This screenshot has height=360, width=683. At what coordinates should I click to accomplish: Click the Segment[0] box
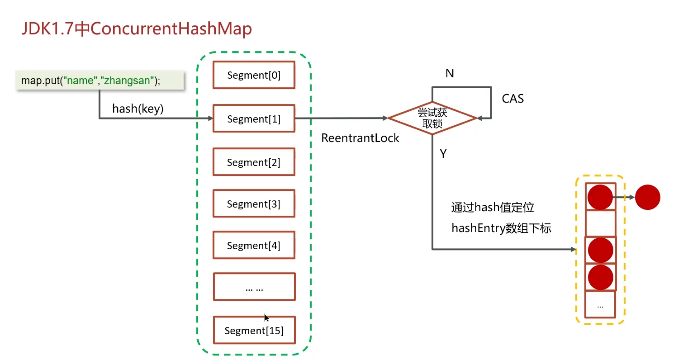point(254,75)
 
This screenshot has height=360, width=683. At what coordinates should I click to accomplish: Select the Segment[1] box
point(254,119)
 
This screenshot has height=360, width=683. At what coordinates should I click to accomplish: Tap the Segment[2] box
point(254,162)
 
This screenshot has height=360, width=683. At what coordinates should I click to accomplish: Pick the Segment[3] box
point(254,204)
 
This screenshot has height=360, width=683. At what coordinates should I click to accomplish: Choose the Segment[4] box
point(254,245)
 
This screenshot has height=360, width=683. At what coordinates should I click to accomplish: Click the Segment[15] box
point(254,330)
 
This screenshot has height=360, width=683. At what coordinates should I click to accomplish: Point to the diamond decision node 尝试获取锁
point(432,118)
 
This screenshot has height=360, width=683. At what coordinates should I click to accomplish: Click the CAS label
point(513,99)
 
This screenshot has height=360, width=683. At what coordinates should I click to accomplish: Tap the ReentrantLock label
point(360,138)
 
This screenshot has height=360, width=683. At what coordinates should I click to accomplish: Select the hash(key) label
point(138,109)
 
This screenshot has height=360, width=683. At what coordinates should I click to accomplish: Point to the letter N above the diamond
point(450,73)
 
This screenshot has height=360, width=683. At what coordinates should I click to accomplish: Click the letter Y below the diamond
point(443,154)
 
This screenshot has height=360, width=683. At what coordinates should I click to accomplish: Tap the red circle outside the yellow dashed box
point(647,197)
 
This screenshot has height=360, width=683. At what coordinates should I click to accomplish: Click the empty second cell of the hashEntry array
point(600,223)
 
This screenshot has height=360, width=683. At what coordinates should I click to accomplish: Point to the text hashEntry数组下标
point(501,228)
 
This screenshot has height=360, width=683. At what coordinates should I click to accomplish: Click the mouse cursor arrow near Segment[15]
point(266,317)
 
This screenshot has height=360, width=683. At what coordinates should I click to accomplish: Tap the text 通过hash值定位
point(493,208)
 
